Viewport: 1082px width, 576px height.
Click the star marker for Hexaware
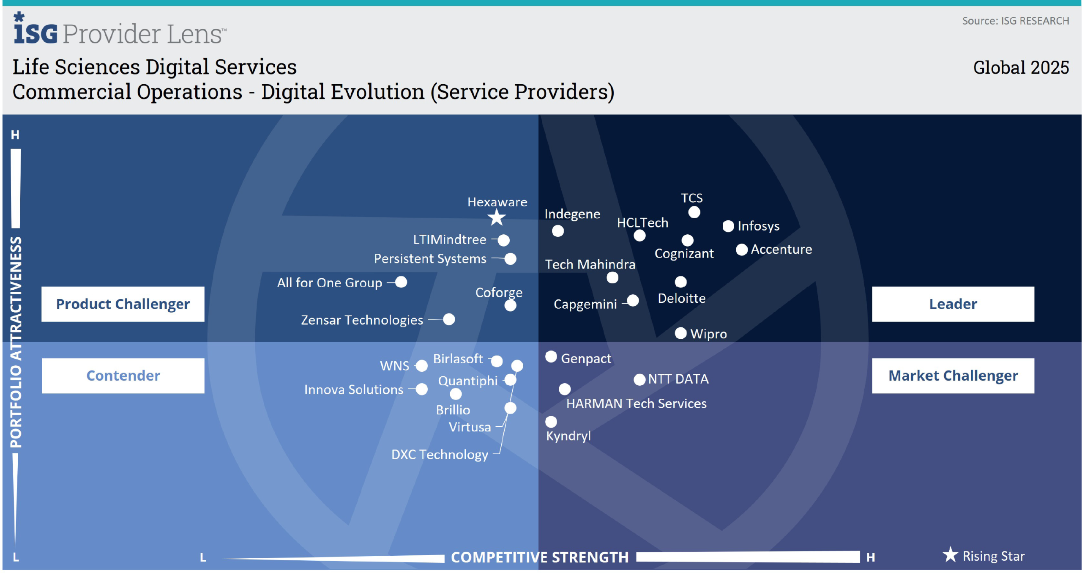click(497, 218)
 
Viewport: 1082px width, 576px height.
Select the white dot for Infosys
click(728, 226)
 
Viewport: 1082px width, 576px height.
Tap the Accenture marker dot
click(742, 250)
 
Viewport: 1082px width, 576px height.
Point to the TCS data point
click(694, 212)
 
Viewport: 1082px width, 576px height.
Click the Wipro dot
click(680, 333)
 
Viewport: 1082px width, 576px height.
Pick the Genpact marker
click(551, 357)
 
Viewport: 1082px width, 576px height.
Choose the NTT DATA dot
click(639, 379)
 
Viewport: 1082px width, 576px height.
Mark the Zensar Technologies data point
click(449, 319)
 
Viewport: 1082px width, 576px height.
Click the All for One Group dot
click(401, 282)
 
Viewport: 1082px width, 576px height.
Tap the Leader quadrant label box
click(953, 304)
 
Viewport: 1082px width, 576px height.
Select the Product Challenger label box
click(123, 304)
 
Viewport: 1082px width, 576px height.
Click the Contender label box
click(123, 376)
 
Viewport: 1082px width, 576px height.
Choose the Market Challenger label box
click(953, 376)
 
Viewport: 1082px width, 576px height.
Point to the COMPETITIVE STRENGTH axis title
click(540, 557)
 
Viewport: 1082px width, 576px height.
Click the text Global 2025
click(1021, 68)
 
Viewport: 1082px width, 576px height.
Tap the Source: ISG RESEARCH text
click(1015, 21)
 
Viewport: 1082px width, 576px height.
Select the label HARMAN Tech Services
click(636, 403)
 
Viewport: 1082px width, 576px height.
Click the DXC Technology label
click(440, 455)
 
